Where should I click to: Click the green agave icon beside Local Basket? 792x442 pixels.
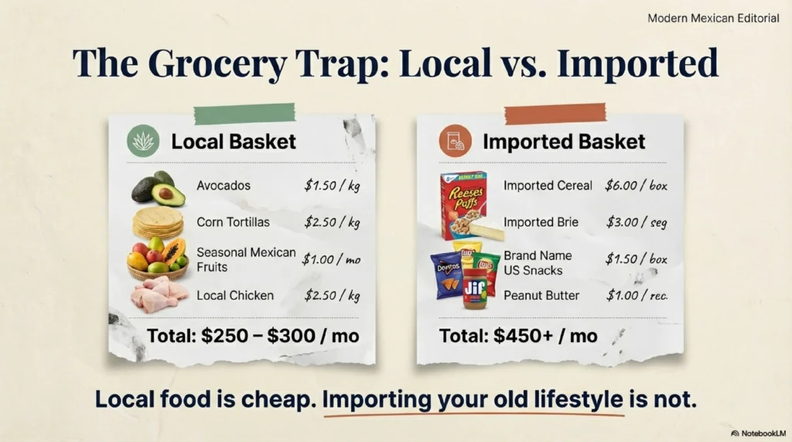click(x=144, y=141)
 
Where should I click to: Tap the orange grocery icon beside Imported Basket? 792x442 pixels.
click(x=455, y=141)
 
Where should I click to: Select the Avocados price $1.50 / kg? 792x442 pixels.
click(x=332, y=186)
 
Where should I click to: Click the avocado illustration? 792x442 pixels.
click(x=159, y=188)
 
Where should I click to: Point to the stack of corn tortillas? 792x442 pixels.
click(x=158, y=222)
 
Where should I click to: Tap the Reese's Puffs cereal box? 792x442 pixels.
click(x=463, y=203)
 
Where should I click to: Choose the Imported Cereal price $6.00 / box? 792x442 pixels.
click(x=637, y=186)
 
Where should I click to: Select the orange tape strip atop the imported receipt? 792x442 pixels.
click(x=555, y=113)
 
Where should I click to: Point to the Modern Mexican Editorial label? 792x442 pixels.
click(x=712, y=18)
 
